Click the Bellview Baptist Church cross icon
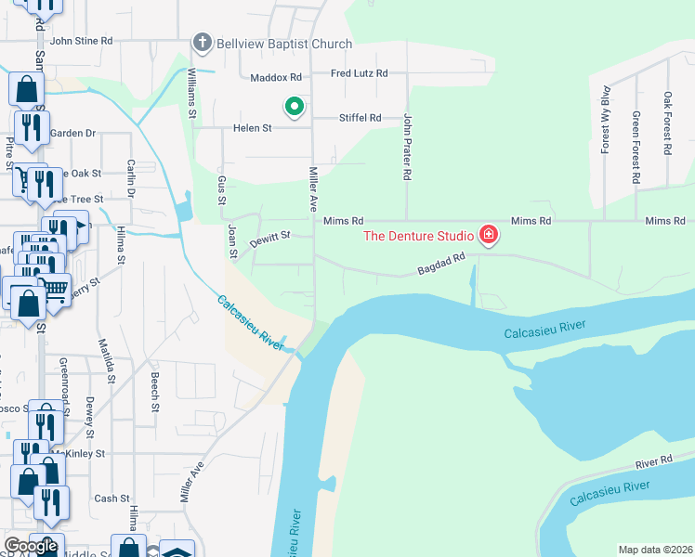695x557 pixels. click(202, 43)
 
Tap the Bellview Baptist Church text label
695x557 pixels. click(284, 44)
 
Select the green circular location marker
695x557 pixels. click(295, 108)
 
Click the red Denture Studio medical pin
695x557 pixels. click(489, 236)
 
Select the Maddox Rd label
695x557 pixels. click(282, 77)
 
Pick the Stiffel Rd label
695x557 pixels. click(361, 118)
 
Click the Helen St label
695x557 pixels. click(253, 128)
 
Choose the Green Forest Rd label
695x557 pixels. click(636, 147)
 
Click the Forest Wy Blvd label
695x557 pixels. click(605, 119)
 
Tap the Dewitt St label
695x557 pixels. click(270, 240)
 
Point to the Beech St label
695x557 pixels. click(155, 394)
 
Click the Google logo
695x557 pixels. click(32, 547)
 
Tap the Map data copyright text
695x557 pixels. click(655, 550)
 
